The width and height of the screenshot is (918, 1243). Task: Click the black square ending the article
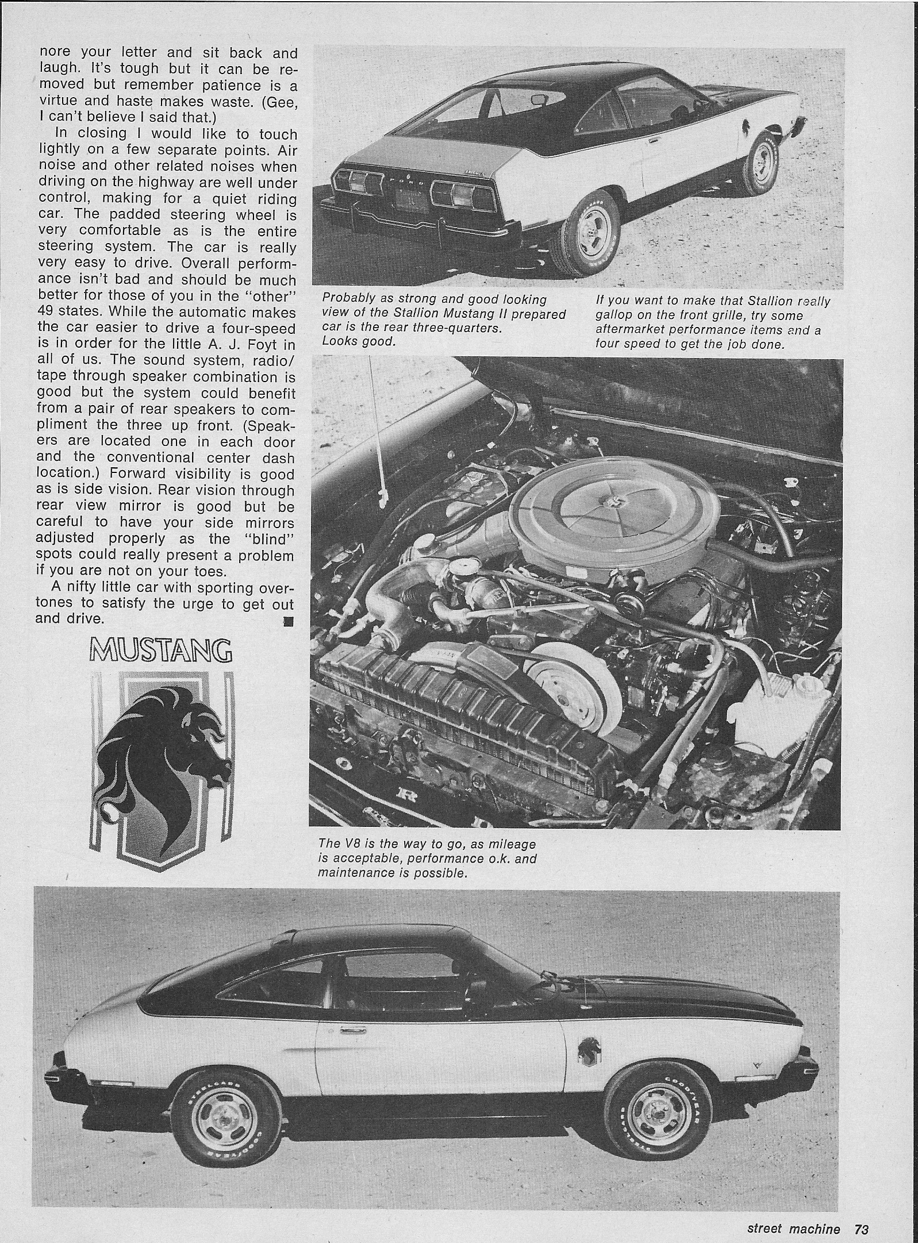coord(289,622)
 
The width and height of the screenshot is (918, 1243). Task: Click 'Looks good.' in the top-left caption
coord(359,341)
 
